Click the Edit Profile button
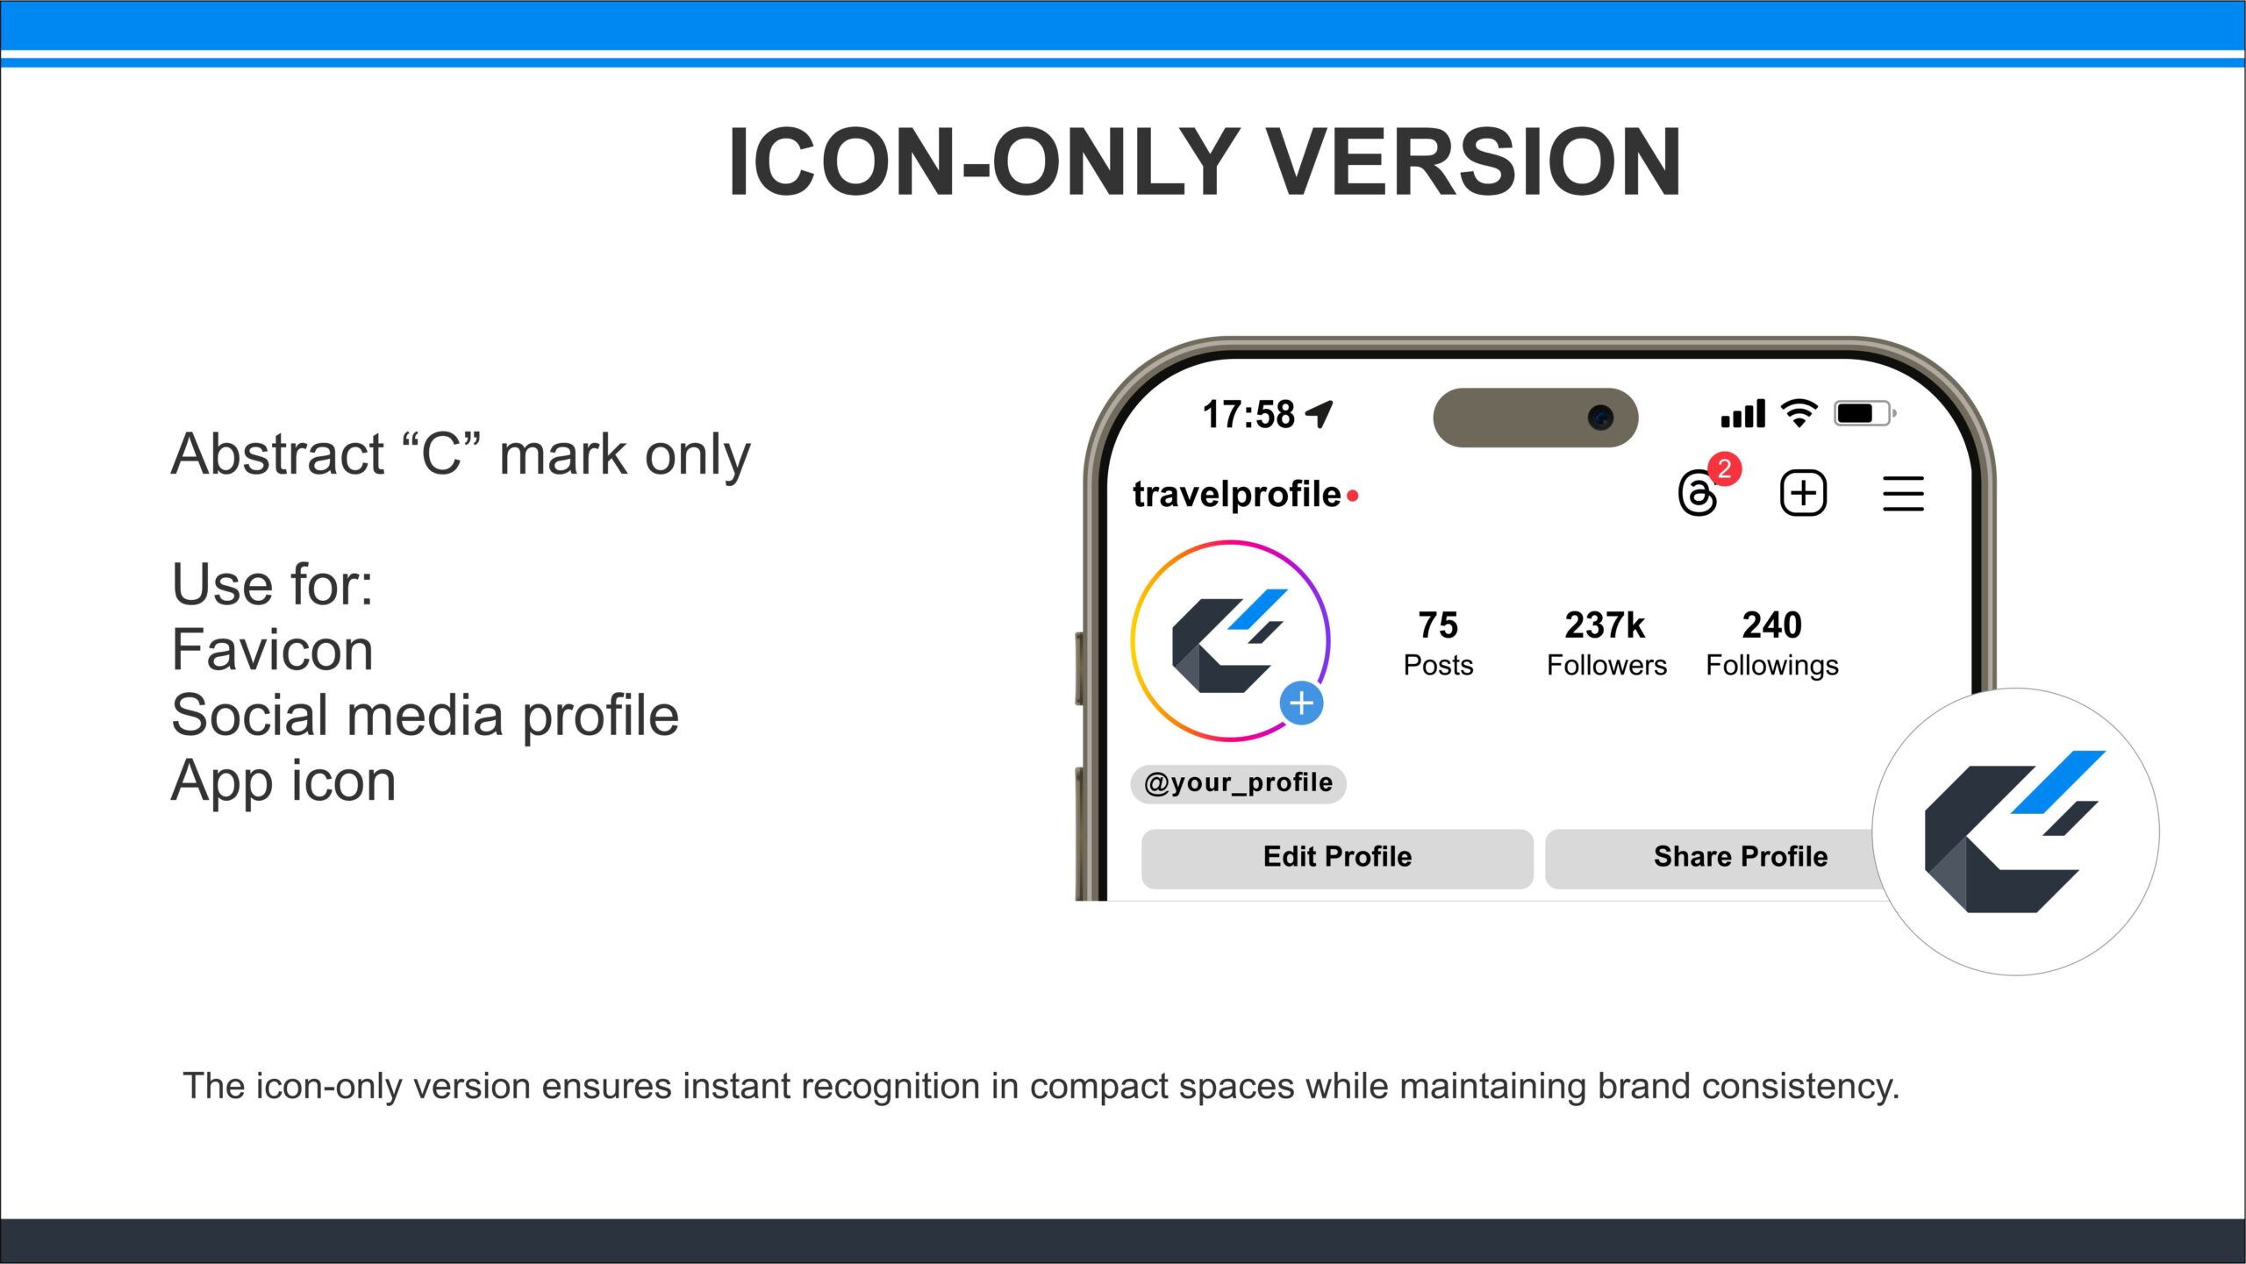pos(1337,858)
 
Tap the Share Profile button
pos(1720,858)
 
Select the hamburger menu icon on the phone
pos(1903,494)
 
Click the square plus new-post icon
pos(1803,493)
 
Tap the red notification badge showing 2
pos(1724,469)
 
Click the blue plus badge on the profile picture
pos(1301,703)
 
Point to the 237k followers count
pos(1605,625)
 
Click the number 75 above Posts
pos(1438,625)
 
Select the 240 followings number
pos(1771,625)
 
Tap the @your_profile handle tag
pos(1238,782)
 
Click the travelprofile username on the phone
pos(1236,495)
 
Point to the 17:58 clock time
pos(1248,414)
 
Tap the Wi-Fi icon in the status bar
pos(1799,413)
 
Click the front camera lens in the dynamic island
pos(1600,418)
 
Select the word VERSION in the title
pos(1475,162)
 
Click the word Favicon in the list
pos(272,650)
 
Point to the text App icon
pos(283,782)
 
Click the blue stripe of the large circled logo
pos(2058,782)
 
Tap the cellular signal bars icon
pos(1742,413)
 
